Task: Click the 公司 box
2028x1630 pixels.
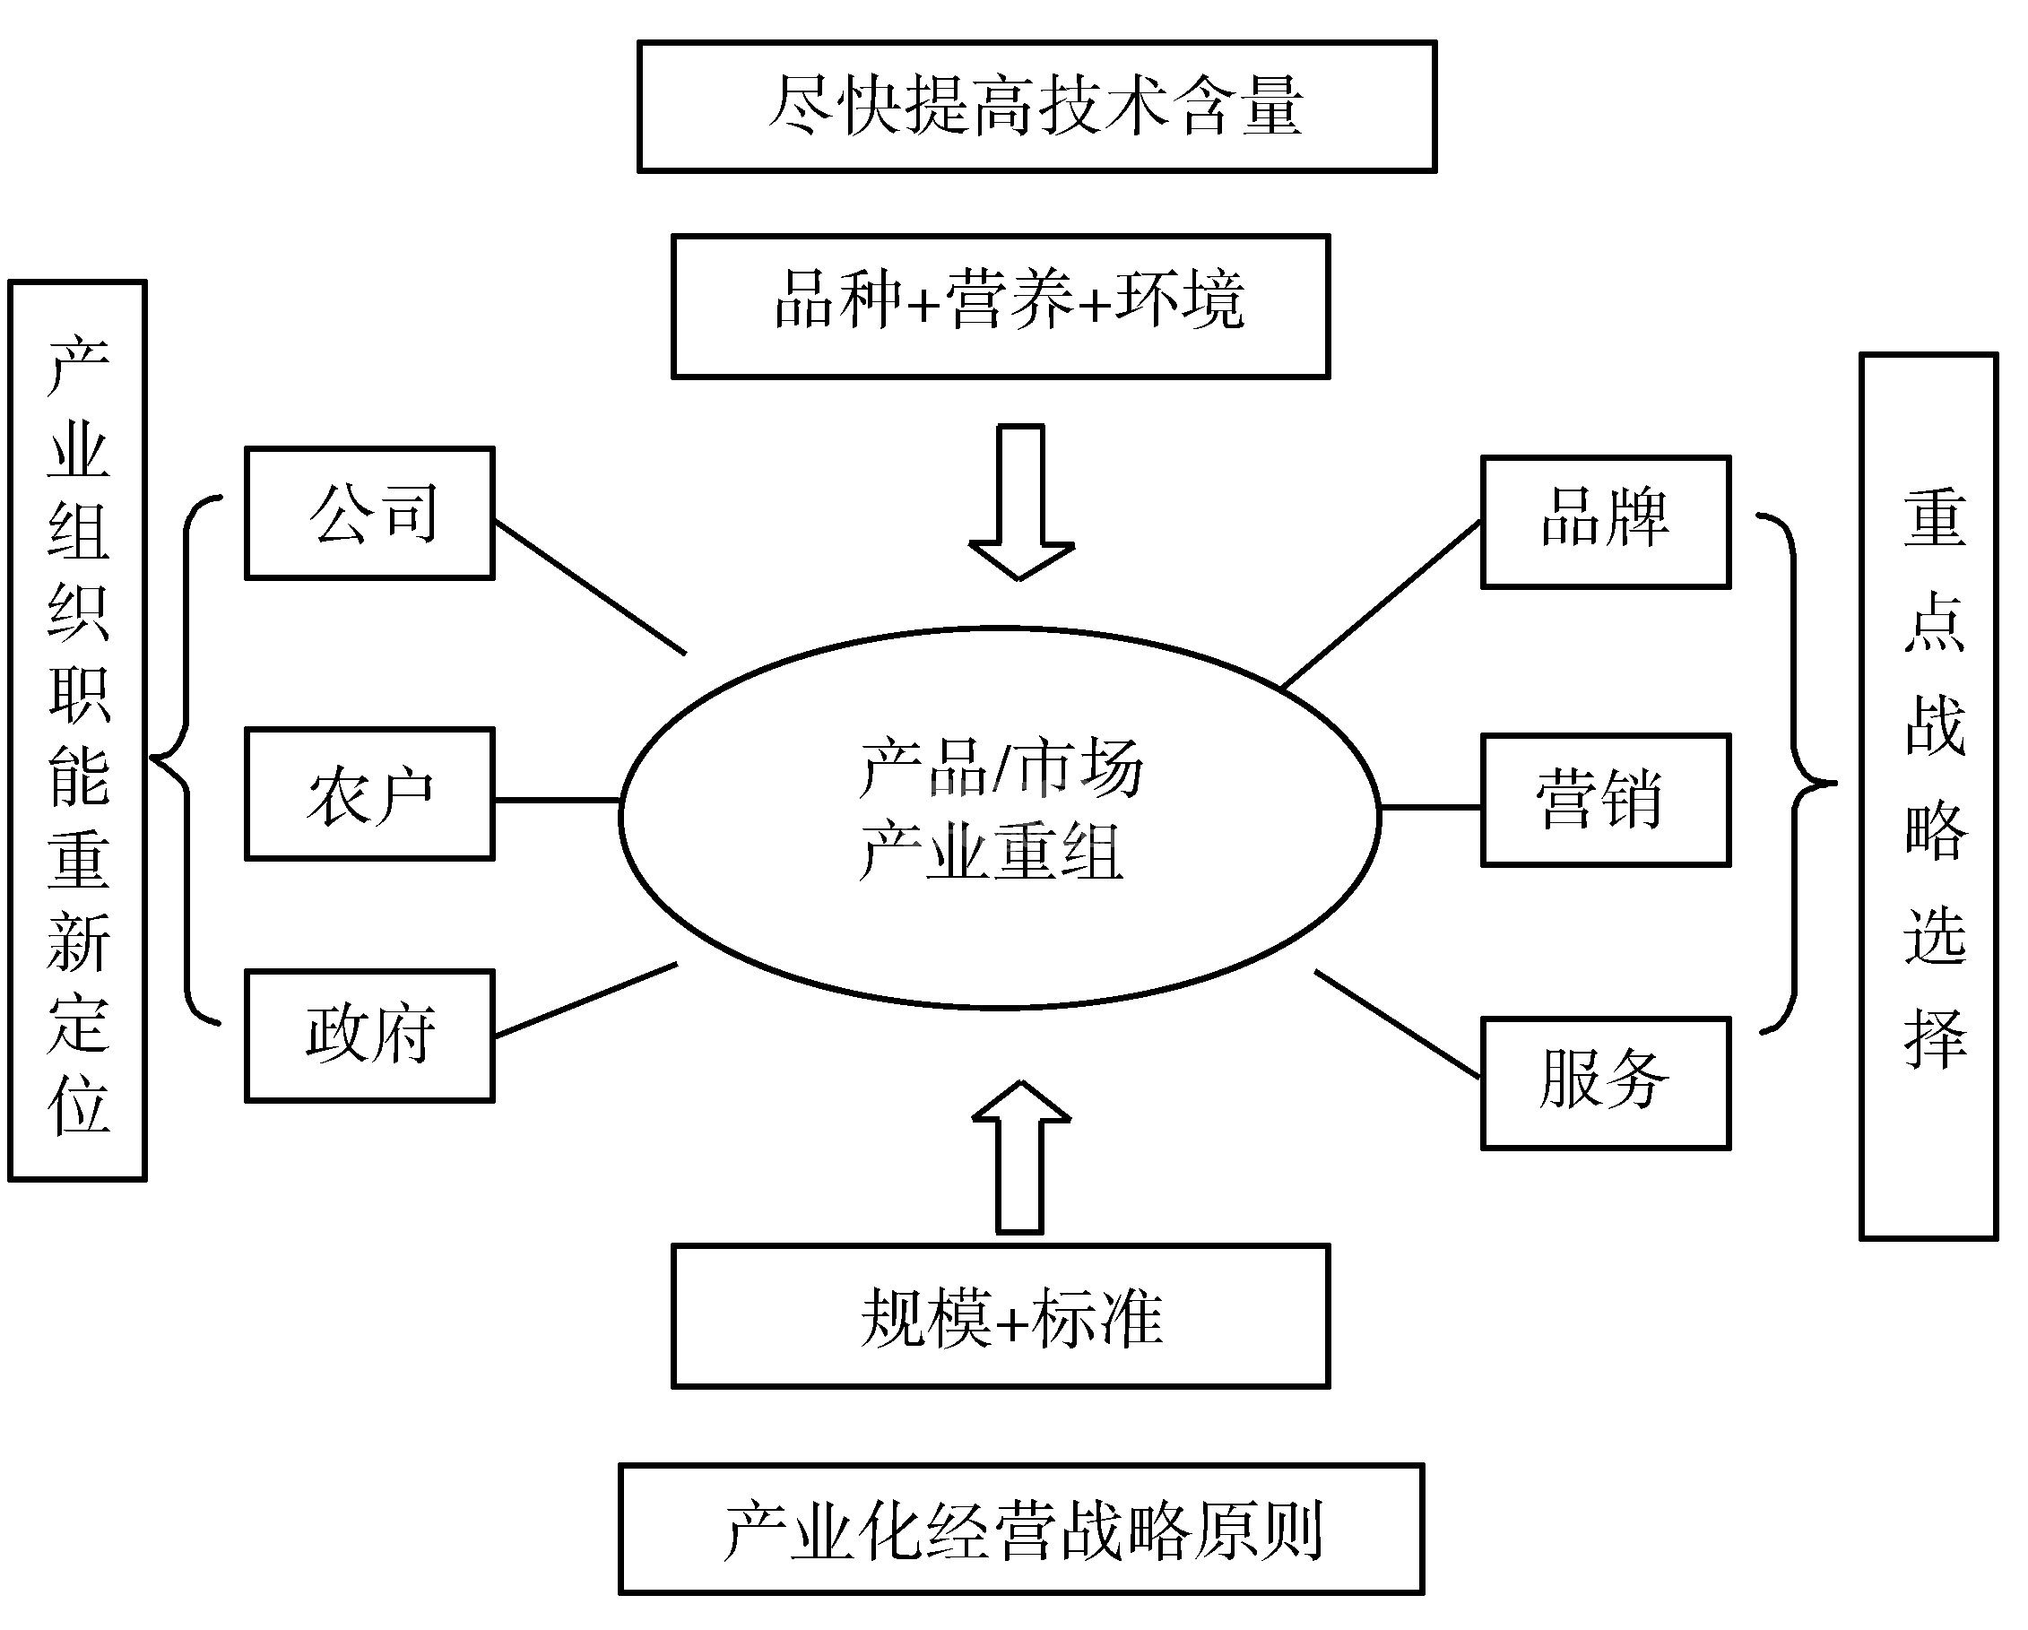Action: (369, 514)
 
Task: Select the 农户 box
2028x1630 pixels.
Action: (369, 793)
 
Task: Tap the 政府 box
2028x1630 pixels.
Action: (369, 1036)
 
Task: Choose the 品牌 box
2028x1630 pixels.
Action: (1606, 522)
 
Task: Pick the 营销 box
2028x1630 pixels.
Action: (1606, 801)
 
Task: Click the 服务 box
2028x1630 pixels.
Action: (1606, 1082)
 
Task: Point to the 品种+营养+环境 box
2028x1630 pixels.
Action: (1000, 307)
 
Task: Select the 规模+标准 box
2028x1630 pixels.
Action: (1000, 1316)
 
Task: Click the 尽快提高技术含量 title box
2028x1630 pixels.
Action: (1036, 107)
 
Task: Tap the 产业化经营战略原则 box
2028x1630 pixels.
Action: (1020, 1529)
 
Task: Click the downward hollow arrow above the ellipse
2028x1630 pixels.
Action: (1021, 502)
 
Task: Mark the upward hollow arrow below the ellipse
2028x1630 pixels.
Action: (1020, 1156)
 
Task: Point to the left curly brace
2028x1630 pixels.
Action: (184, 759)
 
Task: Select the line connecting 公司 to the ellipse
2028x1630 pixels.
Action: (590, 587)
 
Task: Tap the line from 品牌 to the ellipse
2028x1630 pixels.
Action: (1382, 605)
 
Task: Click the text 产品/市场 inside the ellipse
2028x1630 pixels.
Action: (1000, 767)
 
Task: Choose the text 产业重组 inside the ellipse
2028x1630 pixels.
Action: (991, 851)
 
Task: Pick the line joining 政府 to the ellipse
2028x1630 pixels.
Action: (585, 1001)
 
